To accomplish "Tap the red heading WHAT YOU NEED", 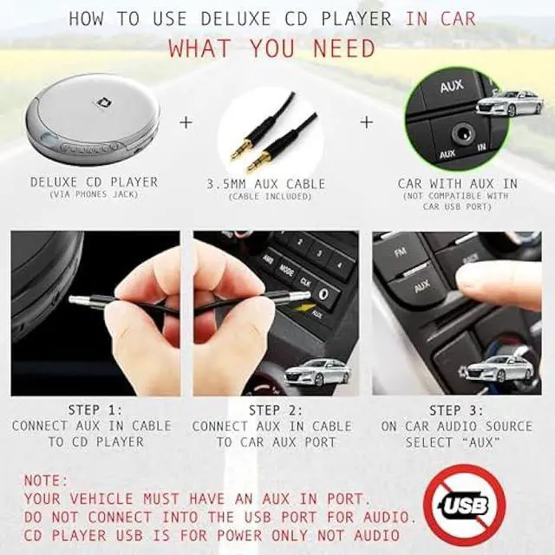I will (x=272, y=48).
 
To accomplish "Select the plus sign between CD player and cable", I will (x=185, y=122).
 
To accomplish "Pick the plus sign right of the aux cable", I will (x=366, y=122).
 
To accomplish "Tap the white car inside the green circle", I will (x=509, y=103).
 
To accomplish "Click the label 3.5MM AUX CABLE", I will (x=266, y=184).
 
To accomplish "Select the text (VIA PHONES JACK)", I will (x=95, y=195).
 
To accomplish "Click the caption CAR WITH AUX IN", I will (x=458, y=184).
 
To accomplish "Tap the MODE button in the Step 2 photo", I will (x=285, y=271).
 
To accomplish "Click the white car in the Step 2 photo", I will (x=317, y=372).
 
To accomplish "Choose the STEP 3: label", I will (x=456, y=409).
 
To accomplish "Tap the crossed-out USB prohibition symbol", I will (x=467, y=506).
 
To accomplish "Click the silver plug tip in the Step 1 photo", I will (x=81, y=300).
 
